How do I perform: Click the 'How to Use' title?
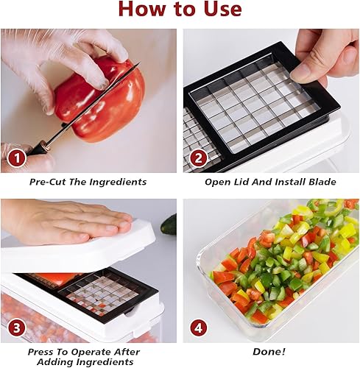click(180, 10)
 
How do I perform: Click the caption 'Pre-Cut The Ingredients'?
click(88, 182)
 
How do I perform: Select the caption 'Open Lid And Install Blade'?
click(271, 182)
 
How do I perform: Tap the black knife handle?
click(37, 147)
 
